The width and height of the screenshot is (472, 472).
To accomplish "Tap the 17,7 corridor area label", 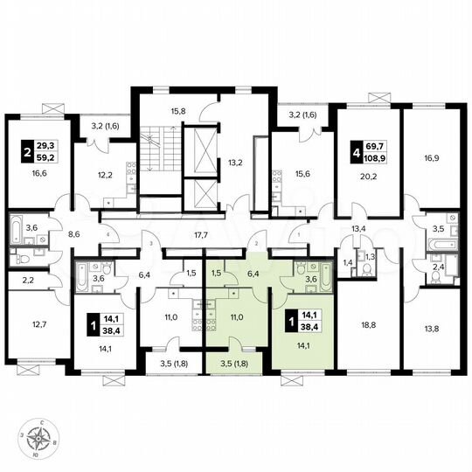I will pos(204,234).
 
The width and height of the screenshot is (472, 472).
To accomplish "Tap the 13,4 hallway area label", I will pos(358,229).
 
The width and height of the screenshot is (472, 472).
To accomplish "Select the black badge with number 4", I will pos(357,153).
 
